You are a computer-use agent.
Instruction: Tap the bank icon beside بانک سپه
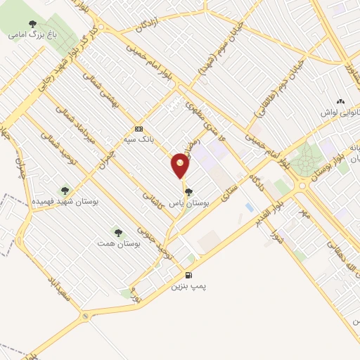click(x=139, y=129)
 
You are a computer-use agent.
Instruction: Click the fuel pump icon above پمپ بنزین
click(x=188, y=274)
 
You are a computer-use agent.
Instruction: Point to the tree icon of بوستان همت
click(x=117, y=233)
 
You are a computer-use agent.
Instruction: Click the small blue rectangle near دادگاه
click(x=250, y=207)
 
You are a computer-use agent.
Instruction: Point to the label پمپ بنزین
click(x=188, y=287)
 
